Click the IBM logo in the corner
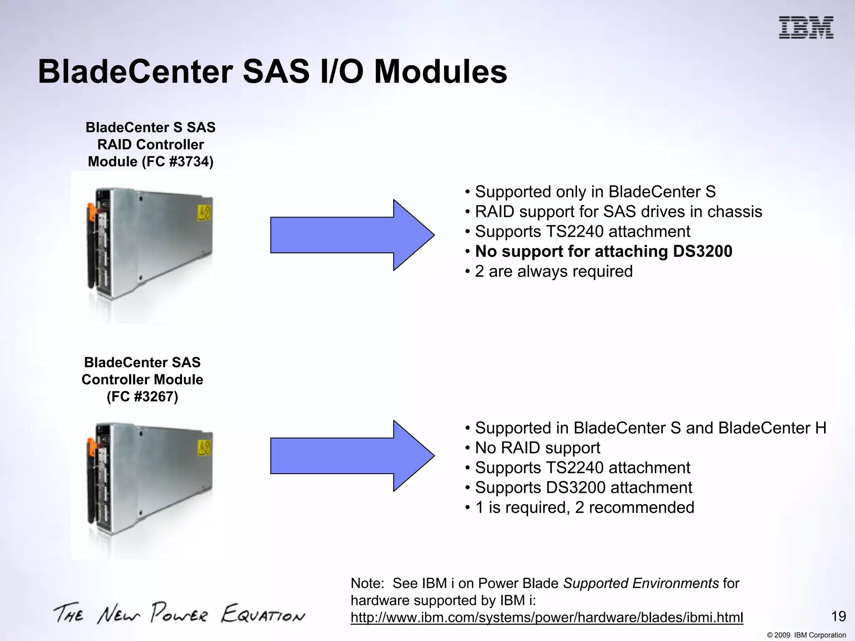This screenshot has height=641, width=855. click(806, 28)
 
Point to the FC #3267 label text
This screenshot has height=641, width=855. click(142, 396)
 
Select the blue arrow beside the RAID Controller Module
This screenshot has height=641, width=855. click(352, 235)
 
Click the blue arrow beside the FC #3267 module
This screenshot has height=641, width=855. click(352, 456)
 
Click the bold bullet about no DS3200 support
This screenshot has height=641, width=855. click(603, 252)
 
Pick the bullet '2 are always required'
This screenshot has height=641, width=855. click(554, 272)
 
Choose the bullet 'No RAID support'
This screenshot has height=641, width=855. click(537, 448)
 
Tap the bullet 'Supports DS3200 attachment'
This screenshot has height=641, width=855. click(583, 488)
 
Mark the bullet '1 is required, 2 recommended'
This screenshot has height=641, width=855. click(584, 508)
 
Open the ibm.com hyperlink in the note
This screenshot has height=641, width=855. click(546, 618)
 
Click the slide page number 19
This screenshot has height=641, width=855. click(838, 616)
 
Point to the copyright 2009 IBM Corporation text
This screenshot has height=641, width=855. click(806, 635)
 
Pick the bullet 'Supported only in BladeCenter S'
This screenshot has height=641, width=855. click(595, 192)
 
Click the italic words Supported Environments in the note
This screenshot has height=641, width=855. click(641, 583)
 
